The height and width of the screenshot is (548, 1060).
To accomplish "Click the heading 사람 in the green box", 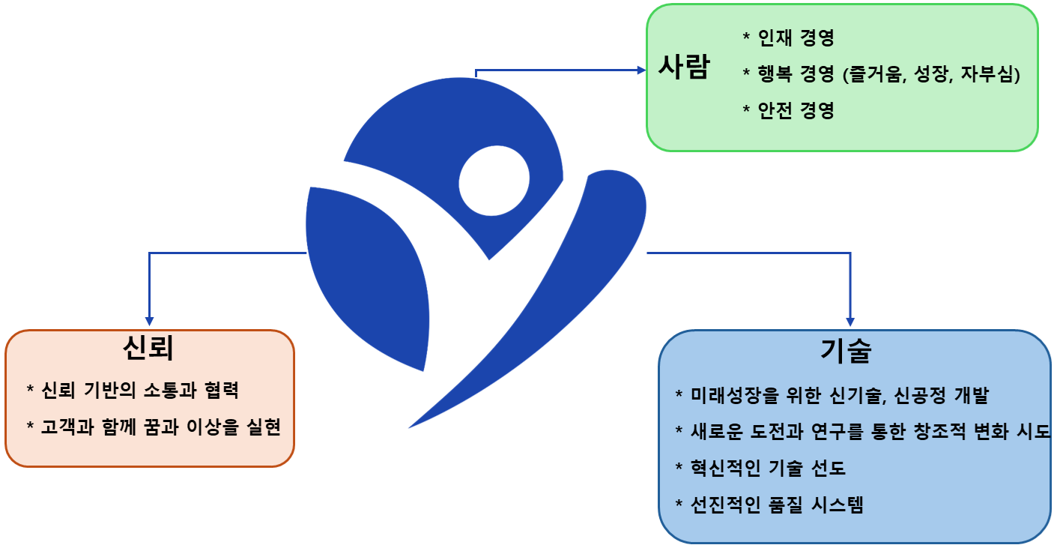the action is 684,67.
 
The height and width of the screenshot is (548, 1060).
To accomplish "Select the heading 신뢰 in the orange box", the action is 148,348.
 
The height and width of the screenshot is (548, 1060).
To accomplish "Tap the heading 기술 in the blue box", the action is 846,351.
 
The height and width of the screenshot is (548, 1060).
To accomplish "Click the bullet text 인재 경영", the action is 796,37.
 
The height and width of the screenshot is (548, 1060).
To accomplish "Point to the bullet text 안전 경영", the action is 796,110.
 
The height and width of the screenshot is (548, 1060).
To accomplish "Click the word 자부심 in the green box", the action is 987,74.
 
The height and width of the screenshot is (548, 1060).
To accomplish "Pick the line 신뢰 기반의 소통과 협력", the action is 139,391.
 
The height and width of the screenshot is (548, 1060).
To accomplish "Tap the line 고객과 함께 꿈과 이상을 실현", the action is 161,427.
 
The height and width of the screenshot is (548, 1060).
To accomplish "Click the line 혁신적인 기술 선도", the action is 768,468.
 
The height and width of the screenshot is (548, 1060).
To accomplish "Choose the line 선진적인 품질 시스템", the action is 777,505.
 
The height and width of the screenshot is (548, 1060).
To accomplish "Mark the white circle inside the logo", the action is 494,181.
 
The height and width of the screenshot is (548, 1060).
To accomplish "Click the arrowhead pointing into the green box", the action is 642,70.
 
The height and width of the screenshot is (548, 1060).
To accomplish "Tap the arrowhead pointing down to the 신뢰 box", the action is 150,321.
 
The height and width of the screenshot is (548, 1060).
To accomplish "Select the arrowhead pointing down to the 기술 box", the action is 850,322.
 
